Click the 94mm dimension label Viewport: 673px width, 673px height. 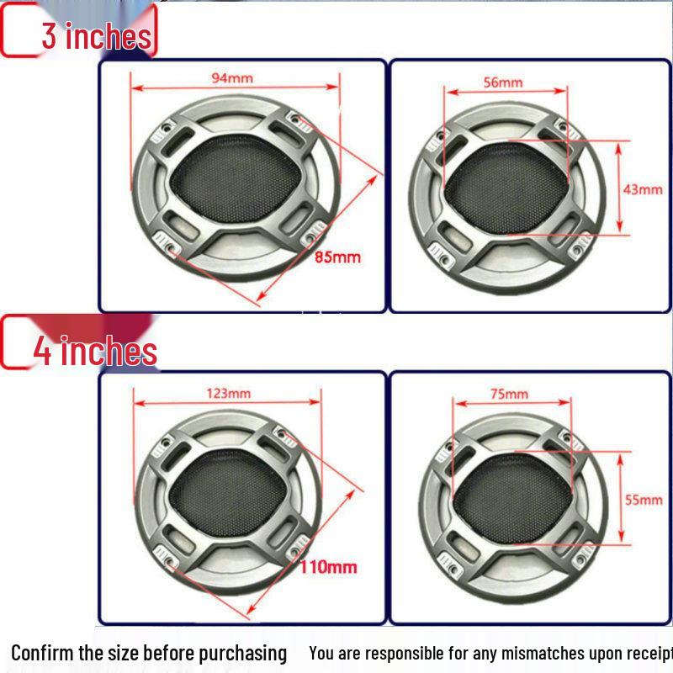(231, 78)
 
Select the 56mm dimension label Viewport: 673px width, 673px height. (503, 82)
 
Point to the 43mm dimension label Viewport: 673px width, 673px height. (642, 189)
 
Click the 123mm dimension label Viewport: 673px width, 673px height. (228, 393)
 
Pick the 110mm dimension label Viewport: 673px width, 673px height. (328, 567)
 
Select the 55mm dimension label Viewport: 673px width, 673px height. (643, 500)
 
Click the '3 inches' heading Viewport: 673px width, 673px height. (97, 36)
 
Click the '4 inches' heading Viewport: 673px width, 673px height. (95, 350)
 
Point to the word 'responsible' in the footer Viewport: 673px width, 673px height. (398, 653)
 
